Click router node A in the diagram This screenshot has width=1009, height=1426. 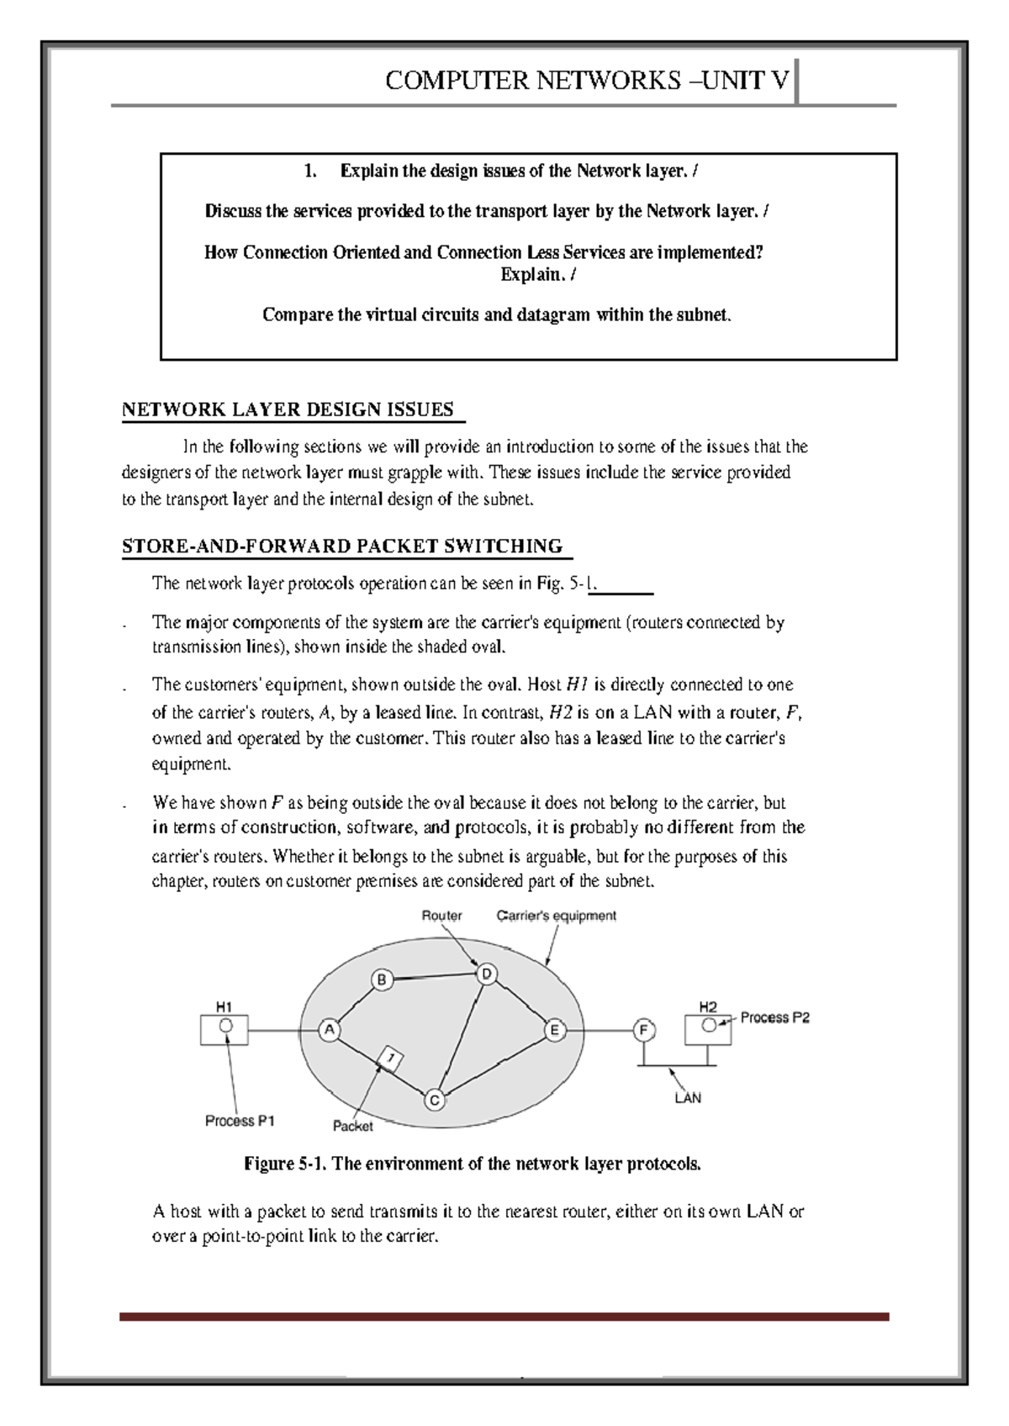point(330,1029)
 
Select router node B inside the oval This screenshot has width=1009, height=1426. point(382,980)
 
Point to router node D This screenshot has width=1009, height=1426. point(487,974)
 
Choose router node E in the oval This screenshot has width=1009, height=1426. point(554,1030)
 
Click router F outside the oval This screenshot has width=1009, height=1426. point(644,1030)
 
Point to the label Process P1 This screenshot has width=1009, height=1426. point(240,1121)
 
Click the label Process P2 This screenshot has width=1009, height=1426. point(774,1017)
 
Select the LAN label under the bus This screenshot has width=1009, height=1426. point(688,1098)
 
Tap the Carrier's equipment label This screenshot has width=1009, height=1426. point(556,916)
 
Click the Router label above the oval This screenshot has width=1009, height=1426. point(441,916)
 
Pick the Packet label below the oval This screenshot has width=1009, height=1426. point(352,1126)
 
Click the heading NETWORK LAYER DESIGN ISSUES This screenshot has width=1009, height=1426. point(288,410)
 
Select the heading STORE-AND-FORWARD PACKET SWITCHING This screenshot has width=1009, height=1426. point(342,547)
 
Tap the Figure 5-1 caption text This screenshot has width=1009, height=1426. point(472,1165)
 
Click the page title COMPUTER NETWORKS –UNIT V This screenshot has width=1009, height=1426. point(587,81)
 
